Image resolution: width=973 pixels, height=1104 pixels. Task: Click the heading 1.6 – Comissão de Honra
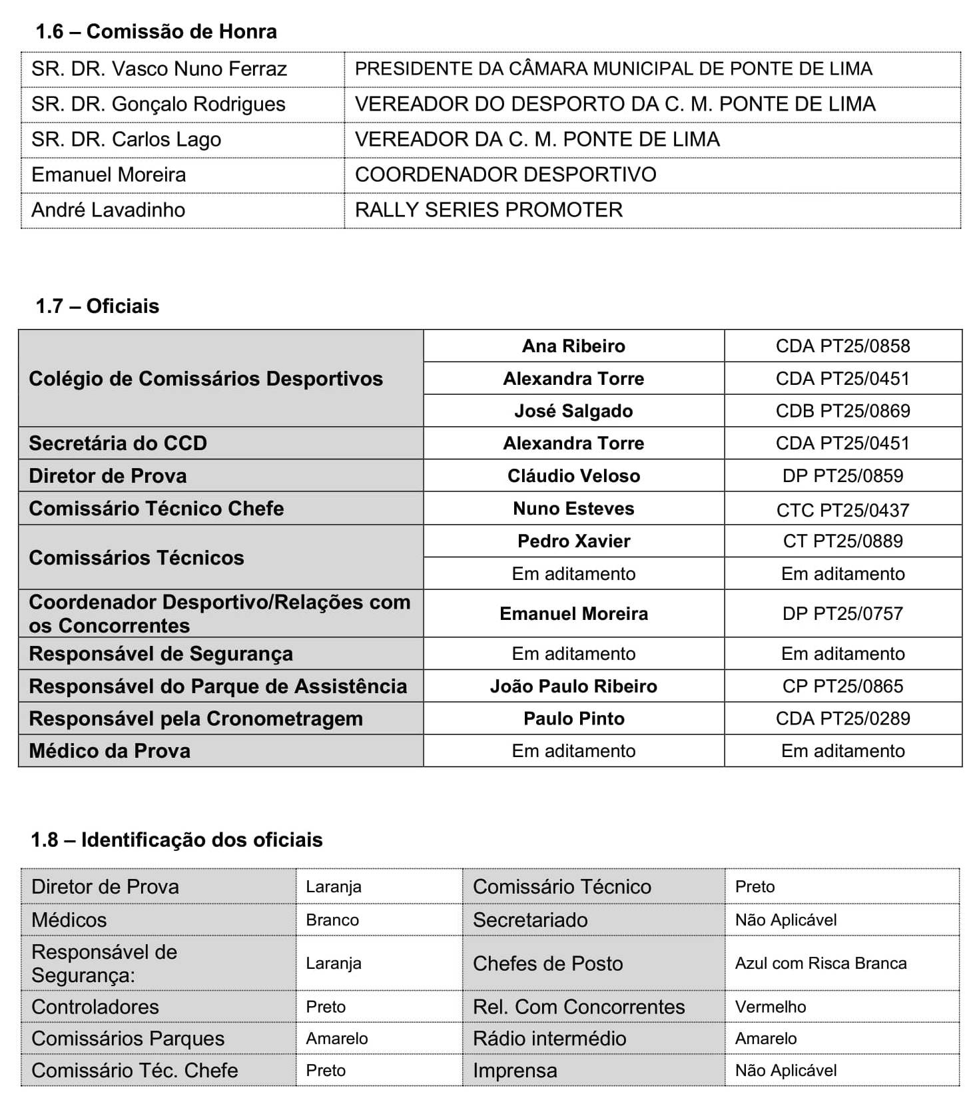pyautogui.click(x=156, y=31)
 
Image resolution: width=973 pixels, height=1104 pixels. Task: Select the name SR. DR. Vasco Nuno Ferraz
pyautogui.click(x=159, y=69)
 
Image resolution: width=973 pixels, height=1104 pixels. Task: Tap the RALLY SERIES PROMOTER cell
pyautogui.click(x=488, y=210)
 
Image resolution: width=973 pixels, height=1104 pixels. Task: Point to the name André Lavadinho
pyautogui.click(x=108, y=210)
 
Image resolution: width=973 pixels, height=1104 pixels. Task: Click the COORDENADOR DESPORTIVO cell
pyautogui.click(x=505, y=174)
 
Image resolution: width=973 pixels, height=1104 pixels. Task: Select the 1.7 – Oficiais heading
pyautogui.click(x=97, y=306)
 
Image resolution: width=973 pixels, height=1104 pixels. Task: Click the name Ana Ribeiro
pyautogui.click(x=573, y=346)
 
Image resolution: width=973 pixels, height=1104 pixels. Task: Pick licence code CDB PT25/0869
pyautogui.click(x=842, y=410)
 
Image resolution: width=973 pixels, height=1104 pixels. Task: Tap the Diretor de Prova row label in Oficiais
pyautogui.click(x=107, y=475)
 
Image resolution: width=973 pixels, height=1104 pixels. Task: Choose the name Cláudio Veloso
pyautogui.click(x=573, y=475)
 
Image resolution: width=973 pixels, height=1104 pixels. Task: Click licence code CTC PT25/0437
pyautogui.click(x=842, y=509)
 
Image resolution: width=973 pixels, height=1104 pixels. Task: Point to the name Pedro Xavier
pyautogui.click(x=573, y=541)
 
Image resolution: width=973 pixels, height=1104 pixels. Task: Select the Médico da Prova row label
pyautogui.click(x=109, y=750)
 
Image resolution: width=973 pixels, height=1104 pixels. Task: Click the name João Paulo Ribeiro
pyautogui.click(x=573, y=686)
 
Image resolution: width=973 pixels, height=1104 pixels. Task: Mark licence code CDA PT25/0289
pyautogui.click(x=842, y=718)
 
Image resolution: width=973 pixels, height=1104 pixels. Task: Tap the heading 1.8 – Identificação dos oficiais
pyautogui.click(x=176, y=839)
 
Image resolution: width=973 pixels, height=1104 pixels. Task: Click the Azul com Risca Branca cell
pyautogui.click(x=820, y=963)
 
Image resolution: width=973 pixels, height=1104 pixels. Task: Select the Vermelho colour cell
pyautogui.click(x=770, y=1006)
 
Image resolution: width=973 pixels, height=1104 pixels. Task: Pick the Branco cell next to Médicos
pyautogui.click(x=332, y=920)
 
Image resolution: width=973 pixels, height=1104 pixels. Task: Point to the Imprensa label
pyautogui.click(x=515, y=1070)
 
